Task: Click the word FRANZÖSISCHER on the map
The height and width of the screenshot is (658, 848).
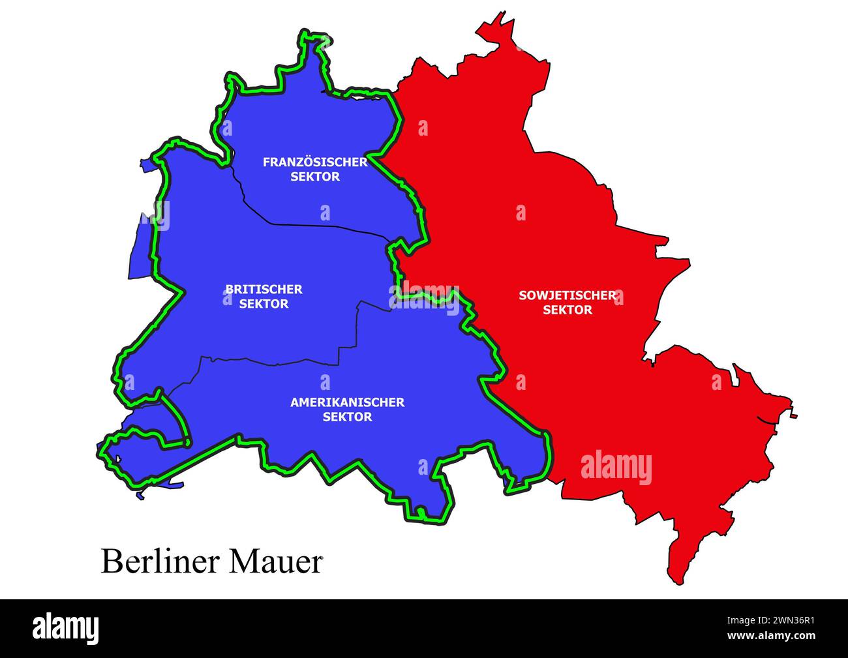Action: coord(315,162)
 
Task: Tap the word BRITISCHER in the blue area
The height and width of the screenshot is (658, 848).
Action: coord(264,289)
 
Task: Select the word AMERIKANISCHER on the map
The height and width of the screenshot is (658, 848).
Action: coord(347,402)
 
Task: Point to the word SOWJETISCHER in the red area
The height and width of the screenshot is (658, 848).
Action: coord(568,295)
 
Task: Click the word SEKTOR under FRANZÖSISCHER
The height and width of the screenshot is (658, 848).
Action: coord(315,177)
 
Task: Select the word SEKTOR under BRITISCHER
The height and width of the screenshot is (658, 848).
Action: coord(264,304)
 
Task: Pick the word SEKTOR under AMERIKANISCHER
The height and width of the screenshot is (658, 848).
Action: coord(347,417)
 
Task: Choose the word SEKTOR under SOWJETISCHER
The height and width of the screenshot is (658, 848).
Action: coord(568,310)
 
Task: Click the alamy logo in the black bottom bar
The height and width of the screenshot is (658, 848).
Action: coord(66,628)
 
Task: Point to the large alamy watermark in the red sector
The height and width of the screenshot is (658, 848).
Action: coord(616,468)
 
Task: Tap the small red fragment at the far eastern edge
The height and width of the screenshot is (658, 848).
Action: coord(794,415)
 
